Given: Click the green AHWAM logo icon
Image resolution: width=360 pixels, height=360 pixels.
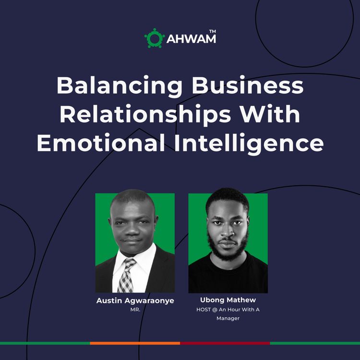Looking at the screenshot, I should pyautogui.click(x=154, y=38).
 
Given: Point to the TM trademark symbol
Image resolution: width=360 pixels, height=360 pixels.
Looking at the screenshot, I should pyautogui.click(x=213, y=31).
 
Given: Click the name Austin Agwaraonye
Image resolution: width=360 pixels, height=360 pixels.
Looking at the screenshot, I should pyautogui.click(x=134, y=300).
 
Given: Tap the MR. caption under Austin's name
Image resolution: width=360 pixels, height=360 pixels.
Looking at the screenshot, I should pyautogui.click(x=134, y=310).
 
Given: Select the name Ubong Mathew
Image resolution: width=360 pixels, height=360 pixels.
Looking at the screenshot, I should pyautogui.click(x=228, y=300).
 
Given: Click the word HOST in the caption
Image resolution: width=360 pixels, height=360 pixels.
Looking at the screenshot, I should pyautogui.click(x=204, y=310).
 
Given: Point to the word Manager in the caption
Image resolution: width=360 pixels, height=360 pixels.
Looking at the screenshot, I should pyautogui.click(x=228, y=318).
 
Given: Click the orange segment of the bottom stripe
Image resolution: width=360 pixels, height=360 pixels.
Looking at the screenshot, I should pyautogui.click(x=134, y=343).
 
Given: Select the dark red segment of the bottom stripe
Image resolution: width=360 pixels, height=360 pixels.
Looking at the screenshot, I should pyautogui.click(x=225, y=343).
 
